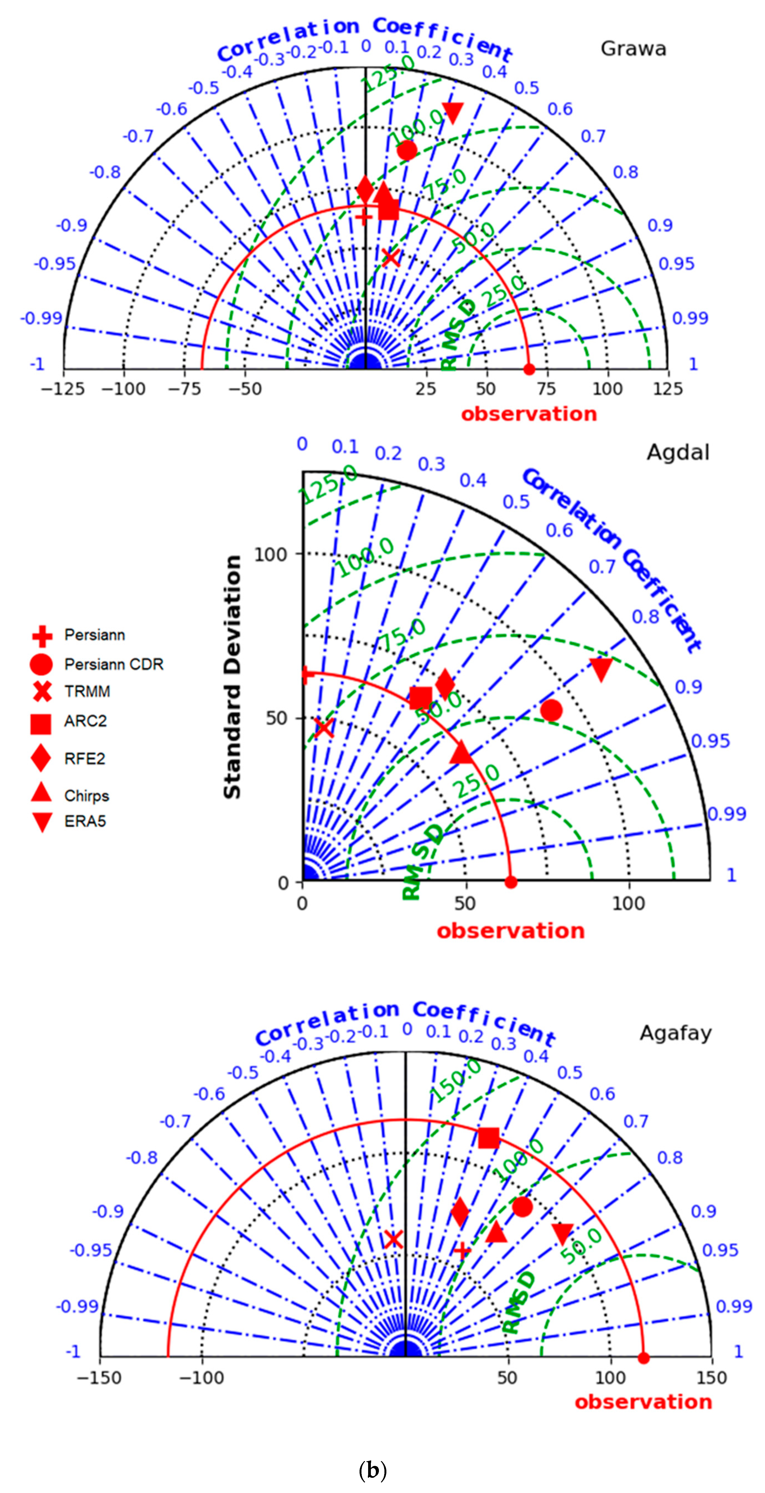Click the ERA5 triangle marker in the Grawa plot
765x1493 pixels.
(452, 112)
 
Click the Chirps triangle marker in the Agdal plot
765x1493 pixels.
(462, 752)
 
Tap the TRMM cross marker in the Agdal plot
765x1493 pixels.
(324, 727)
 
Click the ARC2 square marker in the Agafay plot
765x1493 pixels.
(488, 1138)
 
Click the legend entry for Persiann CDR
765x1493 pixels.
(114, 664)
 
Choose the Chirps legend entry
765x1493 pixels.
(86, 796)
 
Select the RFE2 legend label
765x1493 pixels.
(85, 759)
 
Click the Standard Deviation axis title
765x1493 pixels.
(232, 677)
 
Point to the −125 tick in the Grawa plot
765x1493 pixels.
(63, 389)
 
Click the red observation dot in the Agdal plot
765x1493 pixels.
(510, 882)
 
